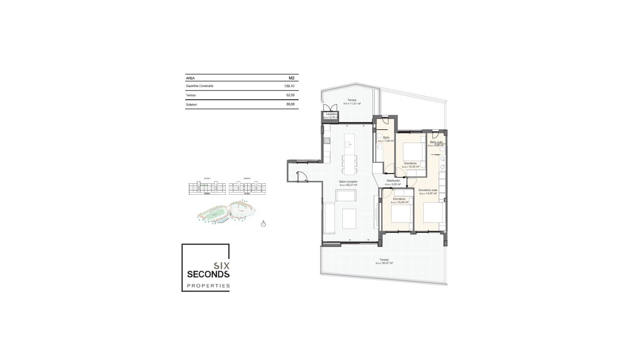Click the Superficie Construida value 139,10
[x=290, y=86]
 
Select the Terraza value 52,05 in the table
[x=290, y=95]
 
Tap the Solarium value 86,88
[x=290, y=105]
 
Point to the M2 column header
[x=291, y=78]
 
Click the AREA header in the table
[x=190, y=78]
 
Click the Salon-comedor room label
[x=348, y=182]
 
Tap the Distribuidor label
[x=393, y=181]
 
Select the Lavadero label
[x=331, y=114]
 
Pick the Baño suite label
[x=436, y=142]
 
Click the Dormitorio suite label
[x=428, y=190]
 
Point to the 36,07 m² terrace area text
[x=384, y=263]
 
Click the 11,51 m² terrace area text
[x=352, y=104]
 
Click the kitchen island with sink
[x=349, y=144]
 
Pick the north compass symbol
[x=263, y=224]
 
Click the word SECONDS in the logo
[x=208, y=274]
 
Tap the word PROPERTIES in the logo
[x=208, y=286]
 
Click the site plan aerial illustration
[x=227, y=212]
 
